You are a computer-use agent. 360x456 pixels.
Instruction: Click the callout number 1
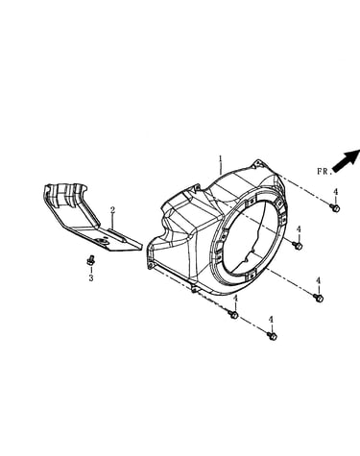(221, 158)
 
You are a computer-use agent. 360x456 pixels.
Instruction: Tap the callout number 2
(112, 210)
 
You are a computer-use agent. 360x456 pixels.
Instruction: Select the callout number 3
(91, 278)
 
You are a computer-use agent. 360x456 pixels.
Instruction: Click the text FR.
(324, 172)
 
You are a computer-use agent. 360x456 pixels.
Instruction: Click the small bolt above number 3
(90, 261)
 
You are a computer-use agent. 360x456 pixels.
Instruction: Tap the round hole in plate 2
(104, 240)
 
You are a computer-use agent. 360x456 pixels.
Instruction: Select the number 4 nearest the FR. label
(335, 192)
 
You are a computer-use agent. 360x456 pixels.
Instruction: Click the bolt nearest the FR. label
(335, 207)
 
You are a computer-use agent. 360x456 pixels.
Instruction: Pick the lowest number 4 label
(271, 320)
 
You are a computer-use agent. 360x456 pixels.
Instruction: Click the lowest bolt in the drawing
(272, 336)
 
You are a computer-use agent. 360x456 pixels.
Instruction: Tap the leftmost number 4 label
(236, 299)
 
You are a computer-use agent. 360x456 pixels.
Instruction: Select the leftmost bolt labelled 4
(233, 315)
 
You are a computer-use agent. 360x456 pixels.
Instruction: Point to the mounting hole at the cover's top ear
(255, 165)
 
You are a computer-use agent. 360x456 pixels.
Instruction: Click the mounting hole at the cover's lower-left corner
(150, 265)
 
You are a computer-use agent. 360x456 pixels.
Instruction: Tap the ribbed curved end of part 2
(65, 195)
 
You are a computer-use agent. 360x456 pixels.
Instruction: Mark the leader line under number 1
(221, 168)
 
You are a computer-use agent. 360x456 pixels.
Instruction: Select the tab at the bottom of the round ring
(252, 275)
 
